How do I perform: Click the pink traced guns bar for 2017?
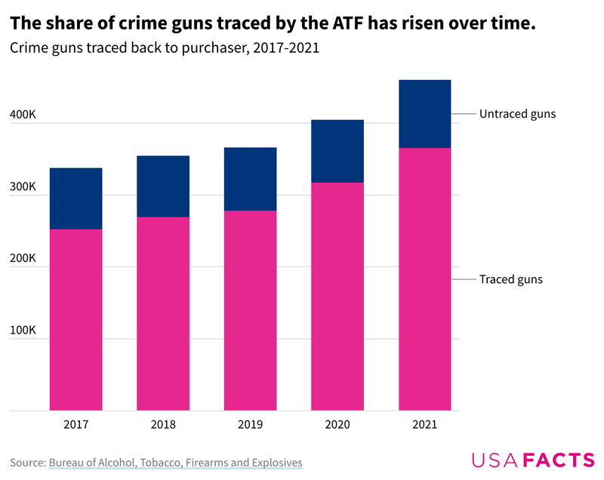pyautogui.click(x=76, y=320)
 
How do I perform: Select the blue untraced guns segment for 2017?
pyautogui.click(x=76, y=198)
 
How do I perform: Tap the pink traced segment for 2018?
pyautogui.click(x=163, y=314)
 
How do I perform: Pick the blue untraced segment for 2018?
pyautogui.click(x=163, y=186)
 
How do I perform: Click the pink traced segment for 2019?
pyautogui.click(x=250, y=310)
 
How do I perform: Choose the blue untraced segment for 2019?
pyautogui.click(x=250, y=179)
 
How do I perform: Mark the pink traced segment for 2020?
pyautogui.click(x=337, y=297)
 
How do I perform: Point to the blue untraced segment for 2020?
pyautogui.click(x=337, y=151)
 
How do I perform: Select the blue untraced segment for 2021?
pyautogui.click(x=424, y=114)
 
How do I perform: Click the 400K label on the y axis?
pyautogui.click(x=23, y=115)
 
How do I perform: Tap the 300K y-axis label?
pyautogui.click(x=23, y=186)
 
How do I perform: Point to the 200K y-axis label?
pyautogui.click(x=23, y=258)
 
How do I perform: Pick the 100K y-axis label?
pyautogui.click(x=23, y=330)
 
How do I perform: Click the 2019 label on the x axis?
pyautogui.click(x=250, y=425)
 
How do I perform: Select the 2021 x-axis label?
pyautogui.click(x=424, y=425)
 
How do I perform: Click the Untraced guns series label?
pyautogui.click(x=517, y=114)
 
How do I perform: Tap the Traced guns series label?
pyautogui.click(x=511, y=279)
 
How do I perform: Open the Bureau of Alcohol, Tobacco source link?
pyautogui.click(x=175, y=462)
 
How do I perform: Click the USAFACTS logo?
pyautogui.click(x=532, y=460)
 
